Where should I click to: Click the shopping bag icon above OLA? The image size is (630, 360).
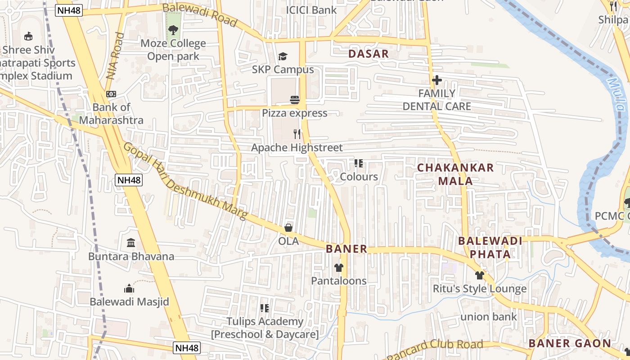click(288, 228)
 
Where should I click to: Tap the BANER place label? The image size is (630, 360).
click(346, 249)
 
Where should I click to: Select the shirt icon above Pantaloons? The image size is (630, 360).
click(339, 268)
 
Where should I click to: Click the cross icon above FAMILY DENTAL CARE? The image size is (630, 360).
click(436, 81)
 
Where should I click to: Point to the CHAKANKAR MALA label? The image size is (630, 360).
click(455, 174)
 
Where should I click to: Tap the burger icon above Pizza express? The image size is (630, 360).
click(295, 100)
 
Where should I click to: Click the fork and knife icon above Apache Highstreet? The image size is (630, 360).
click(297, 134)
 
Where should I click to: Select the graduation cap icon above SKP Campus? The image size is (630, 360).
click(283, 57)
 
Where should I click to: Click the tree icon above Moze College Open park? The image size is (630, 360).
click(173, 30)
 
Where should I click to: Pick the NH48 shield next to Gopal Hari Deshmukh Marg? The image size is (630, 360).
click(129, 180)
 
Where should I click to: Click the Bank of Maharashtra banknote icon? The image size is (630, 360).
click(111, 94)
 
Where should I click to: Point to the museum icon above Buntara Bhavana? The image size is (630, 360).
click(131, 243)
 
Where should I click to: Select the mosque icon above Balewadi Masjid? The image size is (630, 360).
click(129, 288)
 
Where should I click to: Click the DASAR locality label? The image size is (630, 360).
click(369, 54)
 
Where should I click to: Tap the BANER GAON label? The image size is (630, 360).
click(570, 343)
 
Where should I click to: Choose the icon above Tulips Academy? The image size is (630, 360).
click(265, 308)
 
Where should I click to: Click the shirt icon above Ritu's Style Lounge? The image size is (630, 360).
click(479, 275)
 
